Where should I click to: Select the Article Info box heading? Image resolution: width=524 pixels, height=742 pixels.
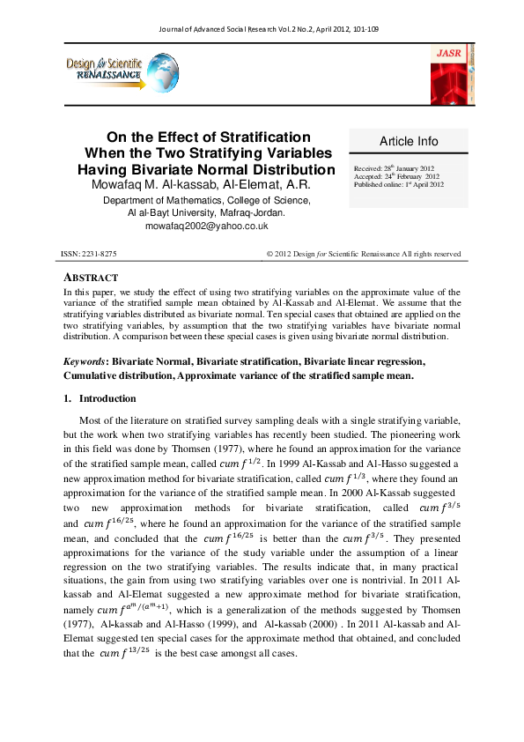click(x=408, y=141)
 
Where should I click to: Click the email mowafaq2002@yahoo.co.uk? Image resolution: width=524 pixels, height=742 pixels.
click(x=205, y=226)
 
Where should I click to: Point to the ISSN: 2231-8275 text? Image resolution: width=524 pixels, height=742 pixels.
click(x=88, y=254)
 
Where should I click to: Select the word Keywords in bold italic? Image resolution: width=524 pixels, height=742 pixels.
click(x=84, y=361)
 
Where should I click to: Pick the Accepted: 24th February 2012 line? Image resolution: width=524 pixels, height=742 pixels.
click(x=396, y=176)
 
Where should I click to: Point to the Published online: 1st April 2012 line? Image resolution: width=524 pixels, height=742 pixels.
click(x=398, y=185)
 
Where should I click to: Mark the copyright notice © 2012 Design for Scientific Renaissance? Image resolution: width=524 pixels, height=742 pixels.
click(x=363, y=254)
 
